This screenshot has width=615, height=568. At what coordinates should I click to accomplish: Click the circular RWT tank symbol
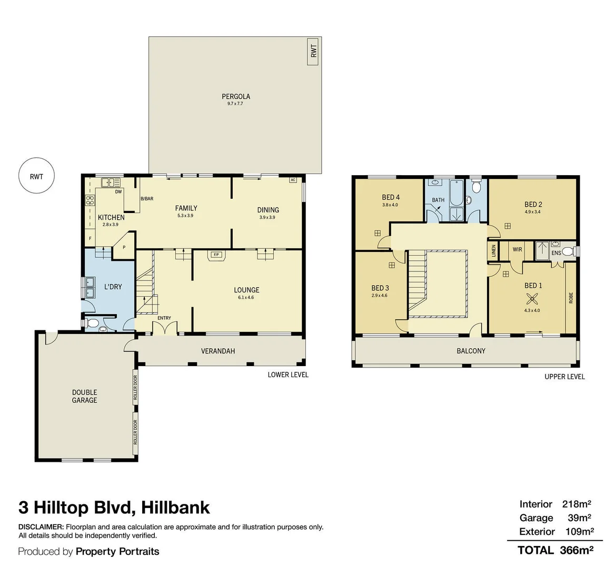36,176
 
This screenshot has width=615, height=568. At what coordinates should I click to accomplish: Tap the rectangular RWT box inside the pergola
313,52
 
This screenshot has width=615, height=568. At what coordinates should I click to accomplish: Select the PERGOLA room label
236,96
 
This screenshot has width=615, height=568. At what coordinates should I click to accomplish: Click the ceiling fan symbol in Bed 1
532,300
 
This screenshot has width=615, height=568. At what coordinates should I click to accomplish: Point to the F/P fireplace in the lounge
216,255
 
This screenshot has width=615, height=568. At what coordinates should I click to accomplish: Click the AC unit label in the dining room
293,180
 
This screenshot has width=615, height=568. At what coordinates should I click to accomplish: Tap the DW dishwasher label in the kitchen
118,192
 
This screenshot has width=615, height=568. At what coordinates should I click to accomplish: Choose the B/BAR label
147,199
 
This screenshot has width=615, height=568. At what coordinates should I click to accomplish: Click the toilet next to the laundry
93,323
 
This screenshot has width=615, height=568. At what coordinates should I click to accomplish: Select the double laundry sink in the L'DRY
88,288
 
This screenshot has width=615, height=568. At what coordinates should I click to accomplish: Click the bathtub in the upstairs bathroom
457,192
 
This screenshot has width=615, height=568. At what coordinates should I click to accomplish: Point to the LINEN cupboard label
493,251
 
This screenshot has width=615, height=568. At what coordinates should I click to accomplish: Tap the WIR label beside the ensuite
518,249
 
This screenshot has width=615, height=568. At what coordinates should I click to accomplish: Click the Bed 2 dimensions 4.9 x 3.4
533,212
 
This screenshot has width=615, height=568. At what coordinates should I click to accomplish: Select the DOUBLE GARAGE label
84,396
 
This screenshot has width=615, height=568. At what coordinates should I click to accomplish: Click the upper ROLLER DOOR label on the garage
135,388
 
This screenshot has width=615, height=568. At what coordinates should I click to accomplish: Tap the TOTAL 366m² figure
556,550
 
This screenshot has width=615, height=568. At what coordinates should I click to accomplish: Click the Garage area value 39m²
579,518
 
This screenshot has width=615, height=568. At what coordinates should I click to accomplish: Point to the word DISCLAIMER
41,527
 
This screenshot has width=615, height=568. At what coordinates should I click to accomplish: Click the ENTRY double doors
165,328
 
